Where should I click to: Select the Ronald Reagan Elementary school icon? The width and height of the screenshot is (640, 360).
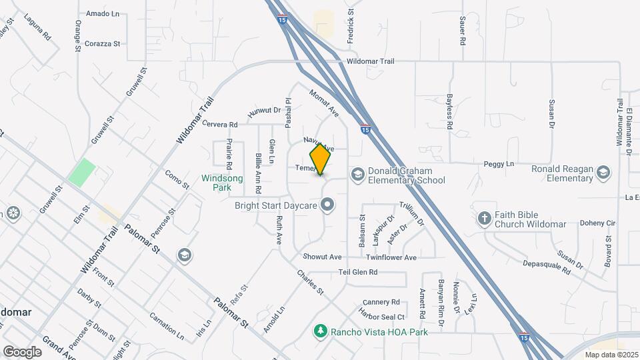[x=603, y=173]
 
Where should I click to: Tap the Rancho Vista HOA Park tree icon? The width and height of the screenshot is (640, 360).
[x=321, y=331]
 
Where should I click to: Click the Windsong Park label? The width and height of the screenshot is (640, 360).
[x=216, y=183]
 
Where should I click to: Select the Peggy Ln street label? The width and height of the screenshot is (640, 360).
[x=502, y=164]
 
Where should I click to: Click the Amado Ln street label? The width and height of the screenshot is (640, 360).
[x=102, y=13]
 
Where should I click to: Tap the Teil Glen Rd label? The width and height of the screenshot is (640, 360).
[x=358, y=272]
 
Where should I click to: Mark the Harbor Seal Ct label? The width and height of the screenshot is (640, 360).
[x=381, y=317]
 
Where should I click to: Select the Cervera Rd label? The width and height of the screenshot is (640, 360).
[x=220, y=125]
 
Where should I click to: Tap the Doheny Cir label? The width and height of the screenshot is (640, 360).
[x=578, y=223]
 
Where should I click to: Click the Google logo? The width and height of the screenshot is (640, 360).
[x=22, y=351]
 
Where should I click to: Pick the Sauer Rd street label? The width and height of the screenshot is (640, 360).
[x=462, y=31]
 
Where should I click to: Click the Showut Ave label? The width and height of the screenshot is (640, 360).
[x=322, y=257]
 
